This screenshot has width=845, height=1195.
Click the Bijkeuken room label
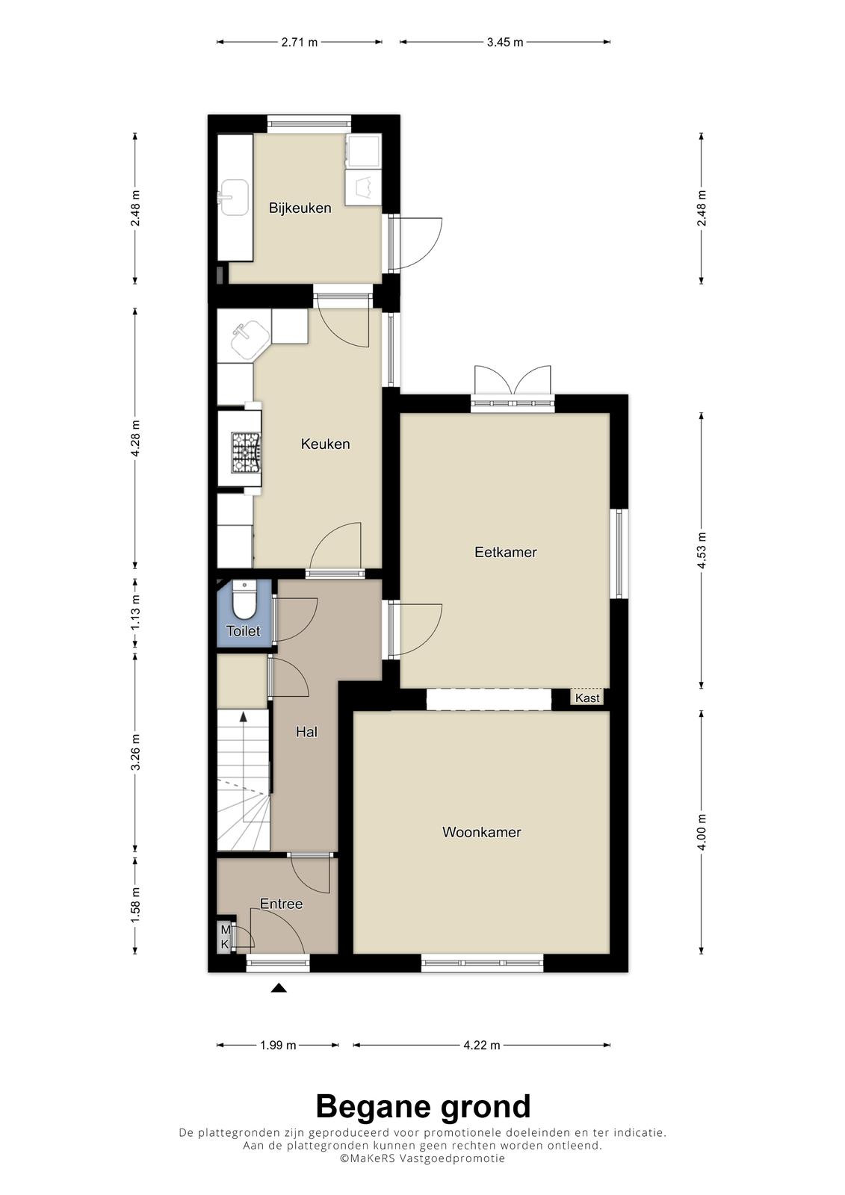click(300, 208)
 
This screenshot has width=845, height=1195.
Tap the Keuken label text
click(325, 444)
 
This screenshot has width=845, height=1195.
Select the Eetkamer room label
click(506, 552)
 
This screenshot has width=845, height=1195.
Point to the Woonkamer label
click(481, 832)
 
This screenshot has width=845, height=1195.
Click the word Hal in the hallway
click(306, 732)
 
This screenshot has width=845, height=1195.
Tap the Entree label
click(282, 904)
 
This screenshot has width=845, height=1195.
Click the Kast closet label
click(587, 698)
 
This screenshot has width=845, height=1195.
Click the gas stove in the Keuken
click(246, 453)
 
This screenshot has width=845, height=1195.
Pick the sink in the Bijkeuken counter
click(234, 197)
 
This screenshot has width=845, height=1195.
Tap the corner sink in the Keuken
click(250, 336)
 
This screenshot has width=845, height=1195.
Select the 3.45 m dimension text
click(504, 42)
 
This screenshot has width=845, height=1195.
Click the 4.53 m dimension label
click(702, 550)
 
